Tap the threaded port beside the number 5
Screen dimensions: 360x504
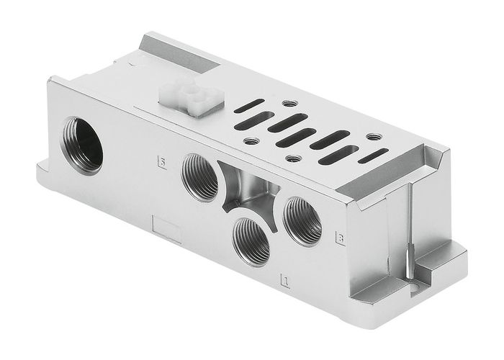tap(200, 176)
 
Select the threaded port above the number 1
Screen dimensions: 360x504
tap(251, 240)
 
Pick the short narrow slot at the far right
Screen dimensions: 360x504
tap(372, 156)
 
